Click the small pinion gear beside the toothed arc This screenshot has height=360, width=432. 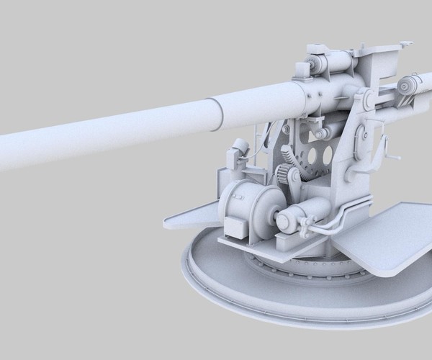[x=287, y=176]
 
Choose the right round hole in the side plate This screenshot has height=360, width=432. [x=328, y=154]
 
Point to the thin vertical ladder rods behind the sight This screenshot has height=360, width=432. [x=258, y=144]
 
